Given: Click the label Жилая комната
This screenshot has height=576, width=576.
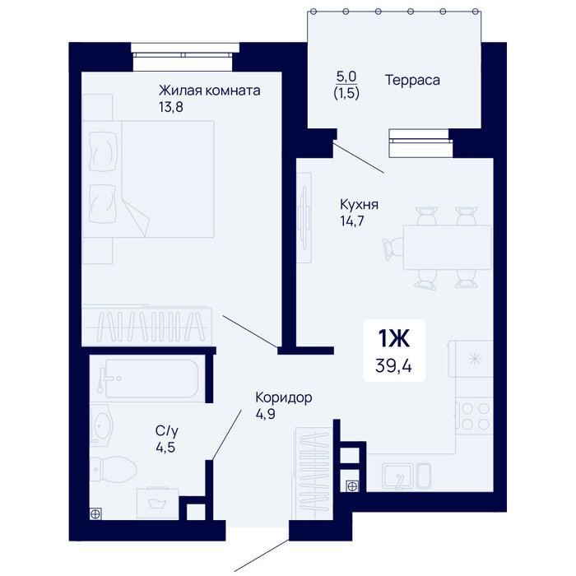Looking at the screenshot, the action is [x=209, y=91].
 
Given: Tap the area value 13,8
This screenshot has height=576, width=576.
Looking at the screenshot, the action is [x=171, y=107].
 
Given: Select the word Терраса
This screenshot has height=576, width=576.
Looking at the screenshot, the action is [x=412, y=80].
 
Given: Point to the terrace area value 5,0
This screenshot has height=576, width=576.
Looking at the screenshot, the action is [x=346, y=77].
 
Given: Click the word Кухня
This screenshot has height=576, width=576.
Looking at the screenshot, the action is [x=360, y=205].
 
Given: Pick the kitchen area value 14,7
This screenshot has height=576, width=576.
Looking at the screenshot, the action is [x=352, y=221].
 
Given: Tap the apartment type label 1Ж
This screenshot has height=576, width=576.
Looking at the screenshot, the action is [x=394, y=338].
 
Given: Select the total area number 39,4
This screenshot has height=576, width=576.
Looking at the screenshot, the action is [x=394, y=366].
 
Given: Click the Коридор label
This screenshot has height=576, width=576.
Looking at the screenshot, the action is [x=284, y=397].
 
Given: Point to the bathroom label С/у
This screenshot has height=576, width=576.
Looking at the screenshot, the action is [x=167, y=430].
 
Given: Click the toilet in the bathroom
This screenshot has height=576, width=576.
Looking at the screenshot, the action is [x=114, y=469].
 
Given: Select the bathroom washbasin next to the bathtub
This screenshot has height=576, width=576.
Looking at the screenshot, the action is [x=102, y=425].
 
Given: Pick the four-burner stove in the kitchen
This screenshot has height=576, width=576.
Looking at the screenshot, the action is [x=475, y=416].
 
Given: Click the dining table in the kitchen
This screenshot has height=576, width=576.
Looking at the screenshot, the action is [x=448, y=247].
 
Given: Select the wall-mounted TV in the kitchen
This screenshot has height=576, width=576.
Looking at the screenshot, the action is [x=304, y=217].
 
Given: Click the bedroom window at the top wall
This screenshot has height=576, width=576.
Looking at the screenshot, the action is [x=183, y=55].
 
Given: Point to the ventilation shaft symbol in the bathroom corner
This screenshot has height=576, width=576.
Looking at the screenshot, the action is [x=95, y=514].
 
